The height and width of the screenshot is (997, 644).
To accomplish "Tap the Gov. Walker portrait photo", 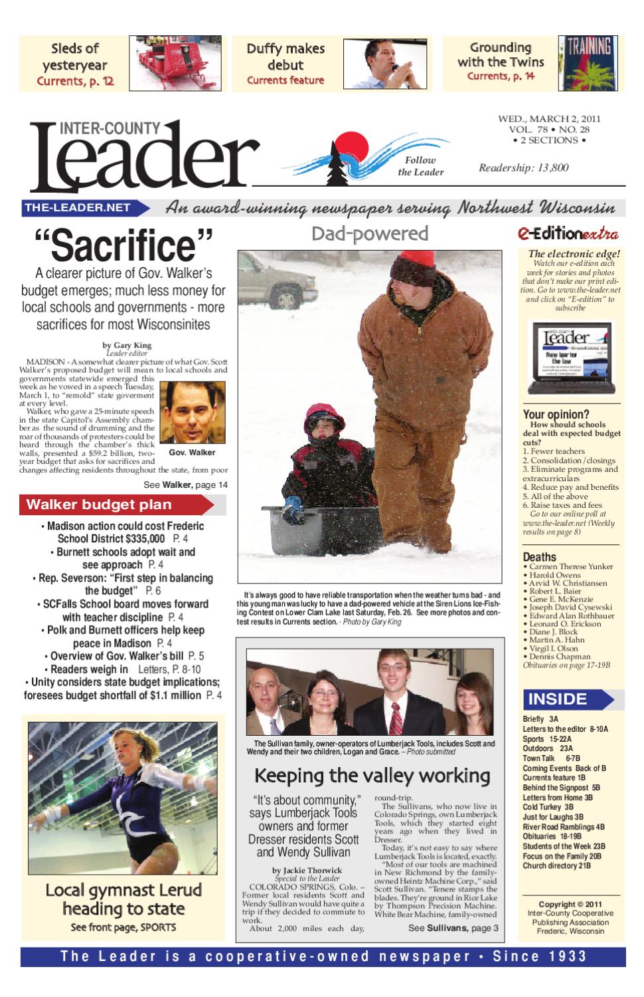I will [x=192, y=413].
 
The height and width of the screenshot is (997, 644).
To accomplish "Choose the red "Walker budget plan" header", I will [x=116, y=504].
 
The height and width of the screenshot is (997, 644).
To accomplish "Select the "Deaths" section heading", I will [x=539, y=557].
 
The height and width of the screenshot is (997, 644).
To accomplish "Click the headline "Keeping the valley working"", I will [x=372, y=776].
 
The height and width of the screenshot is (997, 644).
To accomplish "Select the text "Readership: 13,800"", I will [x=524, y=167].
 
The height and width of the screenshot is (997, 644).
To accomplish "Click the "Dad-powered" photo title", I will [x=370, y=233].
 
